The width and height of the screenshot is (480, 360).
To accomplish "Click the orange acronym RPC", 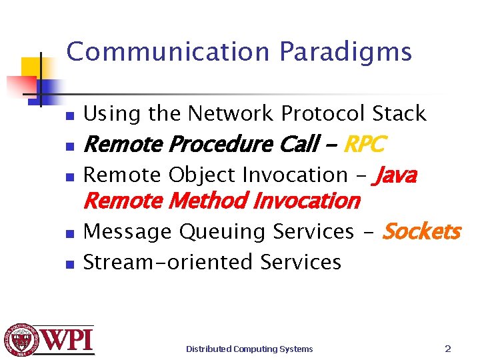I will pos(364,144).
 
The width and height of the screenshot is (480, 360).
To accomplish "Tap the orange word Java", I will pos(397,175).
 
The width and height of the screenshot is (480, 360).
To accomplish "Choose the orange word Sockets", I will pos(421,231).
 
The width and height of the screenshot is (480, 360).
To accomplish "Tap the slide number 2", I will pos(448,349).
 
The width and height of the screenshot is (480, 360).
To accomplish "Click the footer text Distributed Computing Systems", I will pos(249,349).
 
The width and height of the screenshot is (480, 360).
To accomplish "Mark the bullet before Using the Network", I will pos(69,116).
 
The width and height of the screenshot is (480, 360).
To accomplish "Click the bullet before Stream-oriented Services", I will pos(69,264).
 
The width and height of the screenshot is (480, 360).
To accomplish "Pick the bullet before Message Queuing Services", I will pos(69,233).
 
